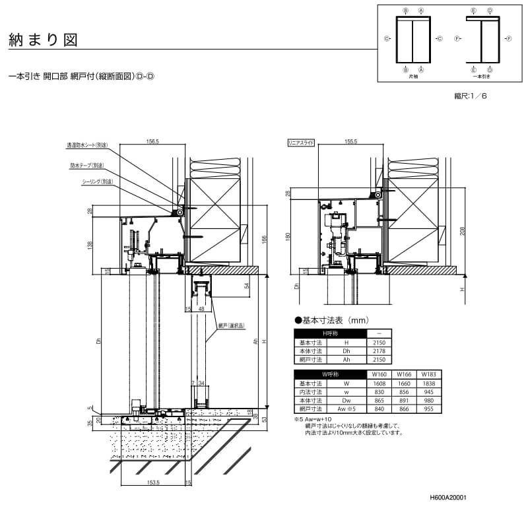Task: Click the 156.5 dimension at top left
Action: pyautogui.click(x=153, y=141)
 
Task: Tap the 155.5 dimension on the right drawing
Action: pyautogui.click(x=350, y=141)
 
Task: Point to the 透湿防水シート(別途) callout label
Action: pyautogui.click(x=87, y=145)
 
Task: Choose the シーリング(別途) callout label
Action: pyautogui.click(x=97, y=181)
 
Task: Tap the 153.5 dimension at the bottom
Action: pyautogui.click(x=154, y=482)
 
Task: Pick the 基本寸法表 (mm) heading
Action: pyautogui.click(x=329, y=320)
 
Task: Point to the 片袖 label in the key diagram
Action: pyautogui.click(x=413, y=77)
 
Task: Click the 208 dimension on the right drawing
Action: pyautogui.click(x=463, y=230)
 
